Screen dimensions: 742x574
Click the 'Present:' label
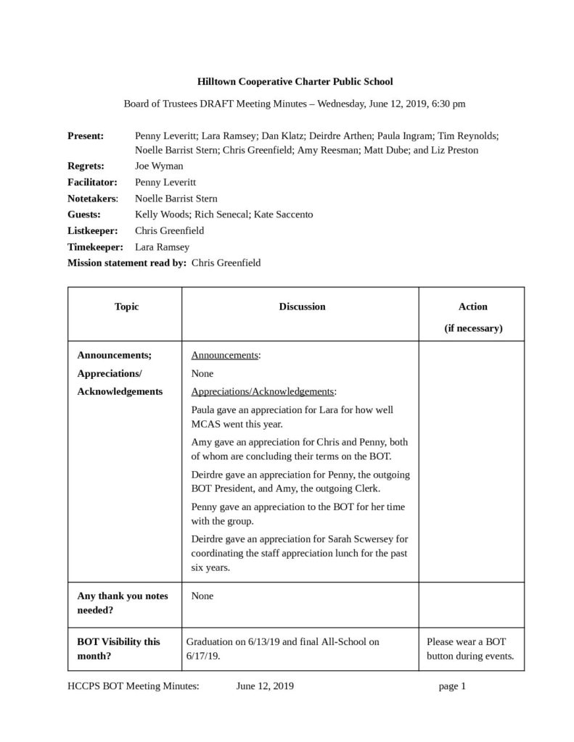(x=86, y=136)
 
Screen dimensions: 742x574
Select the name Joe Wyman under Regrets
(x=159, y=165)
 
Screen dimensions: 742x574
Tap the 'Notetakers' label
(x=91, y=198)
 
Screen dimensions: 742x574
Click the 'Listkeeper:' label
(x=92, y=230)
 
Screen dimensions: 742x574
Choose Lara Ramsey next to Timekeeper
(x=162, y=247)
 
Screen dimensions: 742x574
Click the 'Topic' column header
(x=126, y=307)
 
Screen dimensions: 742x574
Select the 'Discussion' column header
(x=302, y=307)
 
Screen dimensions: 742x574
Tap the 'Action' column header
(x=473, y=307)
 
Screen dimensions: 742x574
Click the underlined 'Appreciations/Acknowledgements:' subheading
(x=263, y=391)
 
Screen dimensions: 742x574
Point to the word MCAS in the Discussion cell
(x=205, y=424)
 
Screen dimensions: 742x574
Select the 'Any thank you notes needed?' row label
(x=123, y=603)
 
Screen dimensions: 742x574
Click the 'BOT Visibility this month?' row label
(x=119, y=649)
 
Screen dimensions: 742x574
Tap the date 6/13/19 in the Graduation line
(x=259, y=641)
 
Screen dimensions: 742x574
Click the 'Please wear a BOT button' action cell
(x=470, y=649)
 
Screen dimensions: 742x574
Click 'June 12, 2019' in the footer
(x=265, y=686)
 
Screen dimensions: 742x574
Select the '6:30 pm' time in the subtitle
(x=448, y=104)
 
